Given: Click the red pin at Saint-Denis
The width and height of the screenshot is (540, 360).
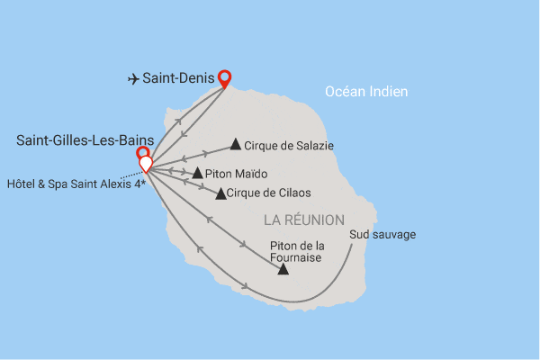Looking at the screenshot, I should [x=223, y=77].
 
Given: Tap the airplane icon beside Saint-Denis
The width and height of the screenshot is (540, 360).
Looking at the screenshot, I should [x=133, y=79].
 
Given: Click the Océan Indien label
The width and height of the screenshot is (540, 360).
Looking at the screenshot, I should [x=365, y=91].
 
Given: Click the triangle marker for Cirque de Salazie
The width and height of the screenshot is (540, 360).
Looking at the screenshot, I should [x=236, y=143].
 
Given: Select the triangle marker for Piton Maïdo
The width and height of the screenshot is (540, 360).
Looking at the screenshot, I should [x=198, y=172].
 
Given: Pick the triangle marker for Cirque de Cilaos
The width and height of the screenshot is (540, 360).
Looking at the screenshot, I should [x=220, y=193].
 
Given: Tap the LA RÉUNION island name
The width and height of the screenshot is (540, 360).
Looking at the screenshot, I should [x=303, y=220].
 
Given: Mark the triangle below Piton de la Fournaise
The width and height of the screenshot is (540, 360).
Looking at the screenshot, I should [x=283, y=268].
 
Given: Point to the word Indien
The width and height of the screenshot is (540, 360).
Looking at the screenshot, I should [x=390, y=91].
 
